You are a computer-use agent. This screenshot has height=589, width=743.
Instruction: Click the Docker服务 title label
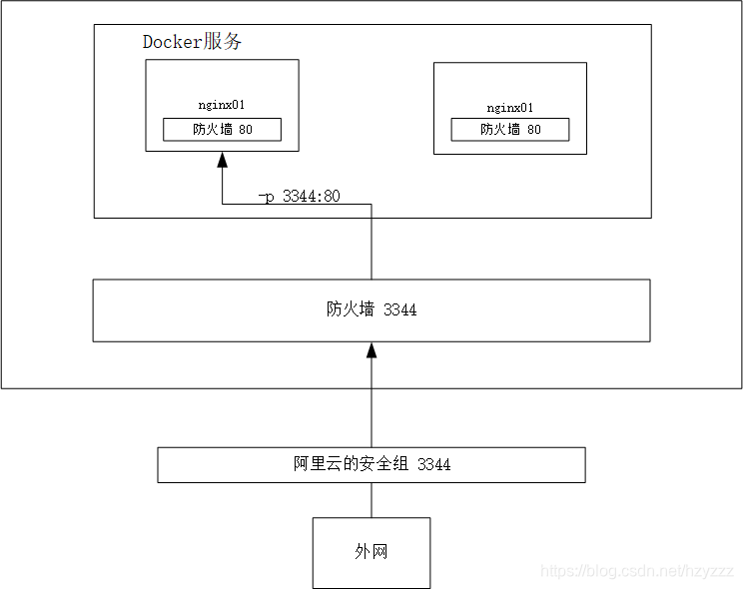click(192, 42)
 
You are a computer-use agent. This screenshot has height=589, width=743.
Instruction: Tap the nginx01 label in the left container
click(222, 104)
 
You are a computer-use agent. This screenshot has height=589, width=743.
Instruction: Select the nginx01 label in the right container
click(509, 108)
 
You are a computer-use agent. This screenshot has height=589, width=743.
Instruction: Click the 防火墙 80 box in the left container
click(222, 130)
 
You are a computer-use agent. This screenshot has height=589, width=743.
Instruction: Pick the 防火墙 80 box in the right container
click(509, 130)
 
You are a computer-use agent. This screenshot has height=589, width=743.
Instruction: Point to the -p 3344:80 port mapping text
click(299, 196)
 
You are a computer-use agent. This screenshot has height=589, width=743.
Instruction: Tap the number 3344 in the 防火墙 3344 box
click(399, 309)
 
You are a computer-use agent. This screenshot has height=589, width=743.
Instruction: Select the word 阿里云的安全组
click(351, 464)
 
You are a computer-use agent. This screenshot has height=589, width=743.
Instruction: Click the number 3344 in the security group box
click(433, 464)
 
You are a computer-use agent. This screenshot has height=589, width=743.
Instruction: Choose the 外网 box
click(371, 552)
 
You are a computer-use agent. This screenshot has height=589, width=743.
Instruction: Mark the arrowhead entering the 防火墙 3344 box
click(371, 349)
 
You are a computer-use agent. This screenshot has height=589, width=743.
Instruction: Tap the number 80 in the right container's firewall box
click(533, 130)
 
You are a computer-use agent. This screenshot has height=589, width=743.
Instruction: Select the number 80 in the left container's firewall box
click(246, 130)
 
